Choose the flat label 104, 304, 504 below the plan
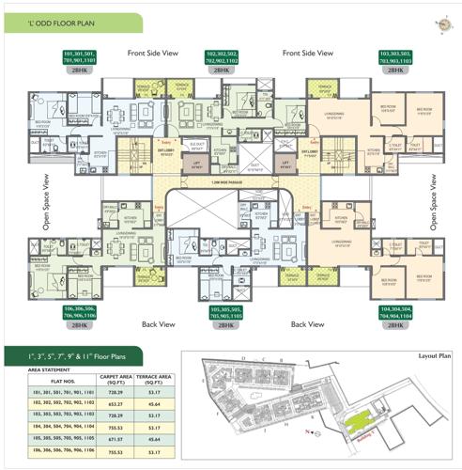pyautogui.click(x=396, y=313)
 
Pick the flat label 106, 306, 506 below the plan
pyautogui.click(x=81, y=313)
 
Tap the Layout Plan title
pyautogui.click(x=434, y=356)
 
